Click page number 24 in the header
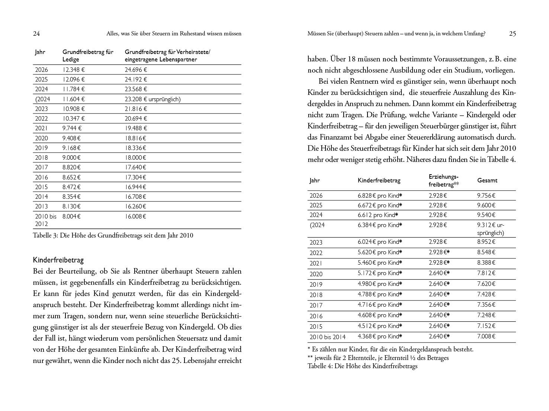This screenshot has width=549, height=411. [x=36, y=34]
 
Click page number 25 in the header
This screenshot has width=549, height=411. [x=512, y=34]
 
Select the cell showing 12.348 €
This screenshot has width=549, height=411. [x=74, y=70]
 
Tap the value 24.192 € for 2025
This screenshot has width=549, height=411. [x=136, y=79]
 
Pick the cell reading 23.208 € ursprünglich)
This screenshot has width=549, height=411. [x=152, y=99]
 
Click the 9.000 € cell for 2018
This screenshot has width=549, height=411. [x=71, y=157]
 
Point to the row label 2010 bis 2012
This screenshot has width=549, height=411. [x=45, y=220]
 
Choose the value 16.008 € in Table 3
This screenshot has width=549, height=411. [x=135, y=216]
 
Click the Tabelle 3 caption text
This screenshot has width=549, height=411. [x=113, y=235]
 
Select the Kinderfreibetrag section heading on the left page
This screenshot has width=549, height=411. [x=58, y=260]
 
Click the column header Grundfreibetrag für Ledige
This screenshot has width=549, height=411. [x=88, y=55]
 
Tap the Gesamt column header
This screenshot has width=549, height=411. [x=487, y=181]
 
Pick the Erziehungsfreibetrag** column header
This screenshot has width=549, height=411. [x=444, y=181]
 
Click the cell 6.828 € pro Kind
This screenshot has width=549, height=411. [x=380, y=195]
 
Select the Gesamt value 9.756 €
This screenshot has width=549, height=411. [x=487, y=195]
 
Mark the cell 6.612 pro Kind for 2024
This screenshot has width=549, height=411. [x=378, y=215]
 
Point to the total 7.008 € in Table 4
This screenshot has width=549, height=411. [x=487, y=337]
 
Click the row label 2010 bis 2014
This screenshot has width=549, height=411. [x=327, y=337]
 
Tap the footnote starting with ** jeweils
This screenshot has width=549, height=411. [x=378, y=358]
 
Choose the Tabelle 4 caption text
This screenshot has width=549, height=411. [x=362, y=366]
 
